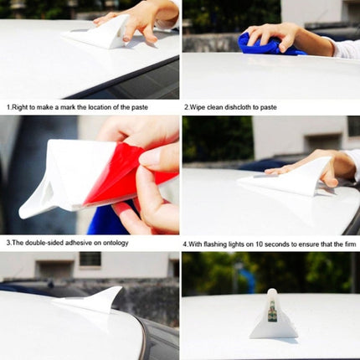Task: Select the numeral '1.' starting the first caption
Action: (8, 107)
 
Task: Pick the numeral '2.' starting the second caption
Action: (186, 107)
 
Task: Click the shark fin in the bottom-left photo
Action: (105, 299)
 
